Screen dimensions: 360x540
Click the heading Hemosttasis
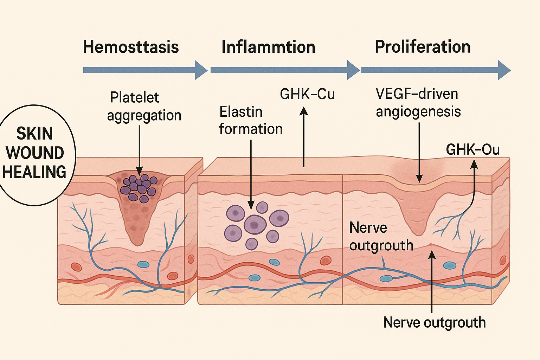131,47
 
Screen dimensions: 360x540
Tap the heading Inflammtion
268,47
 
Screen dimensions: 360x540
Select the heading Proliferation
423,47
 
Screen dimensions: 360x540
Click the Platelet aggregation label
144,107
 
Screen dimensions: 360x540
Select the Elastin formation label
251,120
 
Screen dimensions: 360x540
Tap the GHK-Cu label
307,94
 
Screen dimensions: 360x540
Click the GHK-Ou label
472,150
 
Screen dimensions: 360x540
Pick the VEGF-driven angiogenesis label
418,103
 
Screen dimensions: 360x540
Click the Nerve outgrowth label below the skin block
434,322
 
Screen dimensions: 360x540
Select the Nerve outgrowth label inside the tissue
381,237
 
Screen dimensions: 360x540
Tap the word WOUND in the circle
35,153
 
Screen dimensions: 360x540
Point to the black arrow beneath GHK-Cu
304,137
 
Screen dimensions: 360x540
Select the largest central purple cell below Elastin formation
255,224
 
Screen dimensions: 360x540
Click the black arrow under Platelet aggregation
139,149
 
